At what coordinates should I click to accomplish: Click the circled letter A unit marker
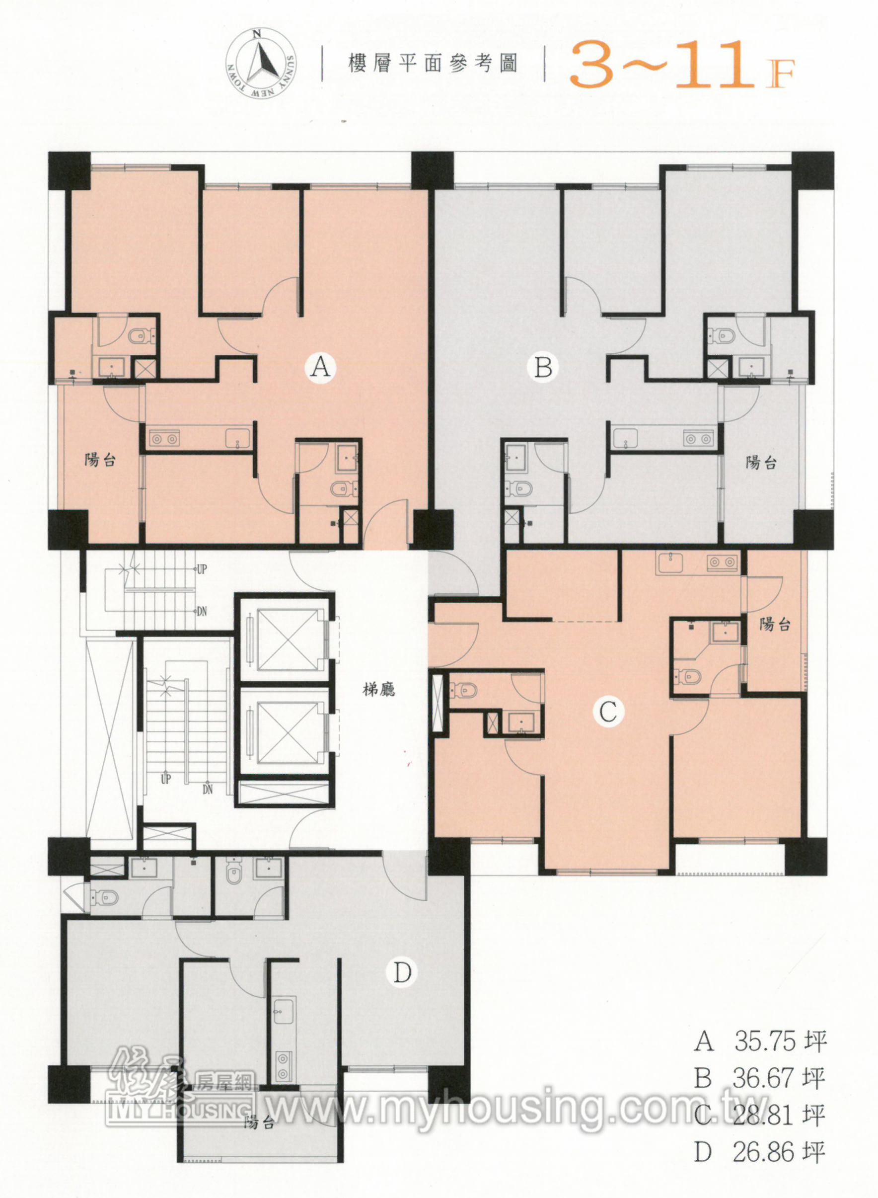point(320,367)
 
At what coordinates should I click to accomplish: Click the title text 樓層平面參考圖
point(433,64)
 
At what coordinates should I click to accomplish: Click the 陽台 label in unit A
point(100,459)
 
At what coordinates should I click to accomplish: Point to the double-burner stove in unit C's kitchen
point(722,562)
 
